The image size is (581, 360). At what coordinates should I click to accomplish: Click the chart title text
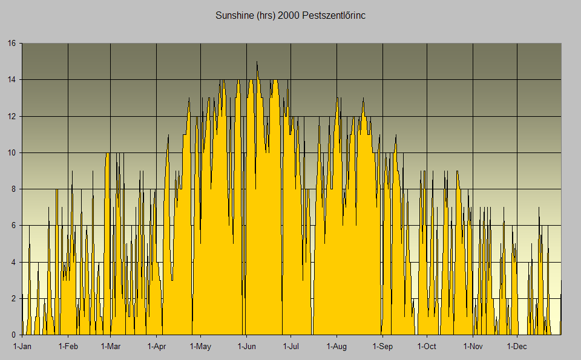[290, 15]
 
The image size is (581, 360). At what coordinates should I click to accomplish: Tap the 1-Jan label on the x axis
[22, 347]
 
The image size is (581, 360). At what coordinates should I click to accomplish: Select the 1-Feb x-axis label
[68, 347]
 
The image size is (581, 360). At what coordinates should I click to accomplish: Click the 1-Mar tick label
[110, 347]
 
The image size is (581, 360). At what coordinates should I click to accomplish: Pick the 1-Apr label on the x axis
[156, 347]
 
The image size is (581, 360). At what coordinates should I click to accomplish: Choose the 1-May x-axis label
[200, 347]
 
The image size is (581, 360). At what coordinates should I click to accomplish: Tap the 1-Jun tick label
[246, 347]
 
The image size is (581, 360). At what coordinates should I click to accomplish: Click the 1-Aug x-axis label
[336, 347]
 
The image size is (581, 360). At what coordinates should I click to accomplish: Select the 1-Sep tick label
[382, 347]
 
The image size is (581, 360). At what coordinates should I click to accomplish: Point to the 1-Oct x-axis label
[427, 347]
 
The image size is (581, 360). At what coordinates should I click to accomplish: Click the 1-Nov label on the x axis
[473, 347]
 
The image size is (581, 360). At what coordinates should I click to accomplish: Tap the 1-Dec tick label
[517, 347]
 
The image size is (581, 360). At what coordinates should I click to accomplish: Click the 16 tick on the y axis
[11, 43]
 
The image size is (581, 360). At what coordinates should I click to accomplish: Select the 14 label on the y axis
[11, 79]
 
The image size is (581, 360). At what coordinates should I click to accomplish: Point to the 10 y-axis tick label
[11, 152]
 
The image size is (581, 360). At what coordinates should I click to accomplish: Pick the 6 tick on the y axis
[13, 226]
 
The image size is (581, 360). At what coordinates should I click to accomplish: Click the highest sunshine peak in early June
[257, 62]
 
